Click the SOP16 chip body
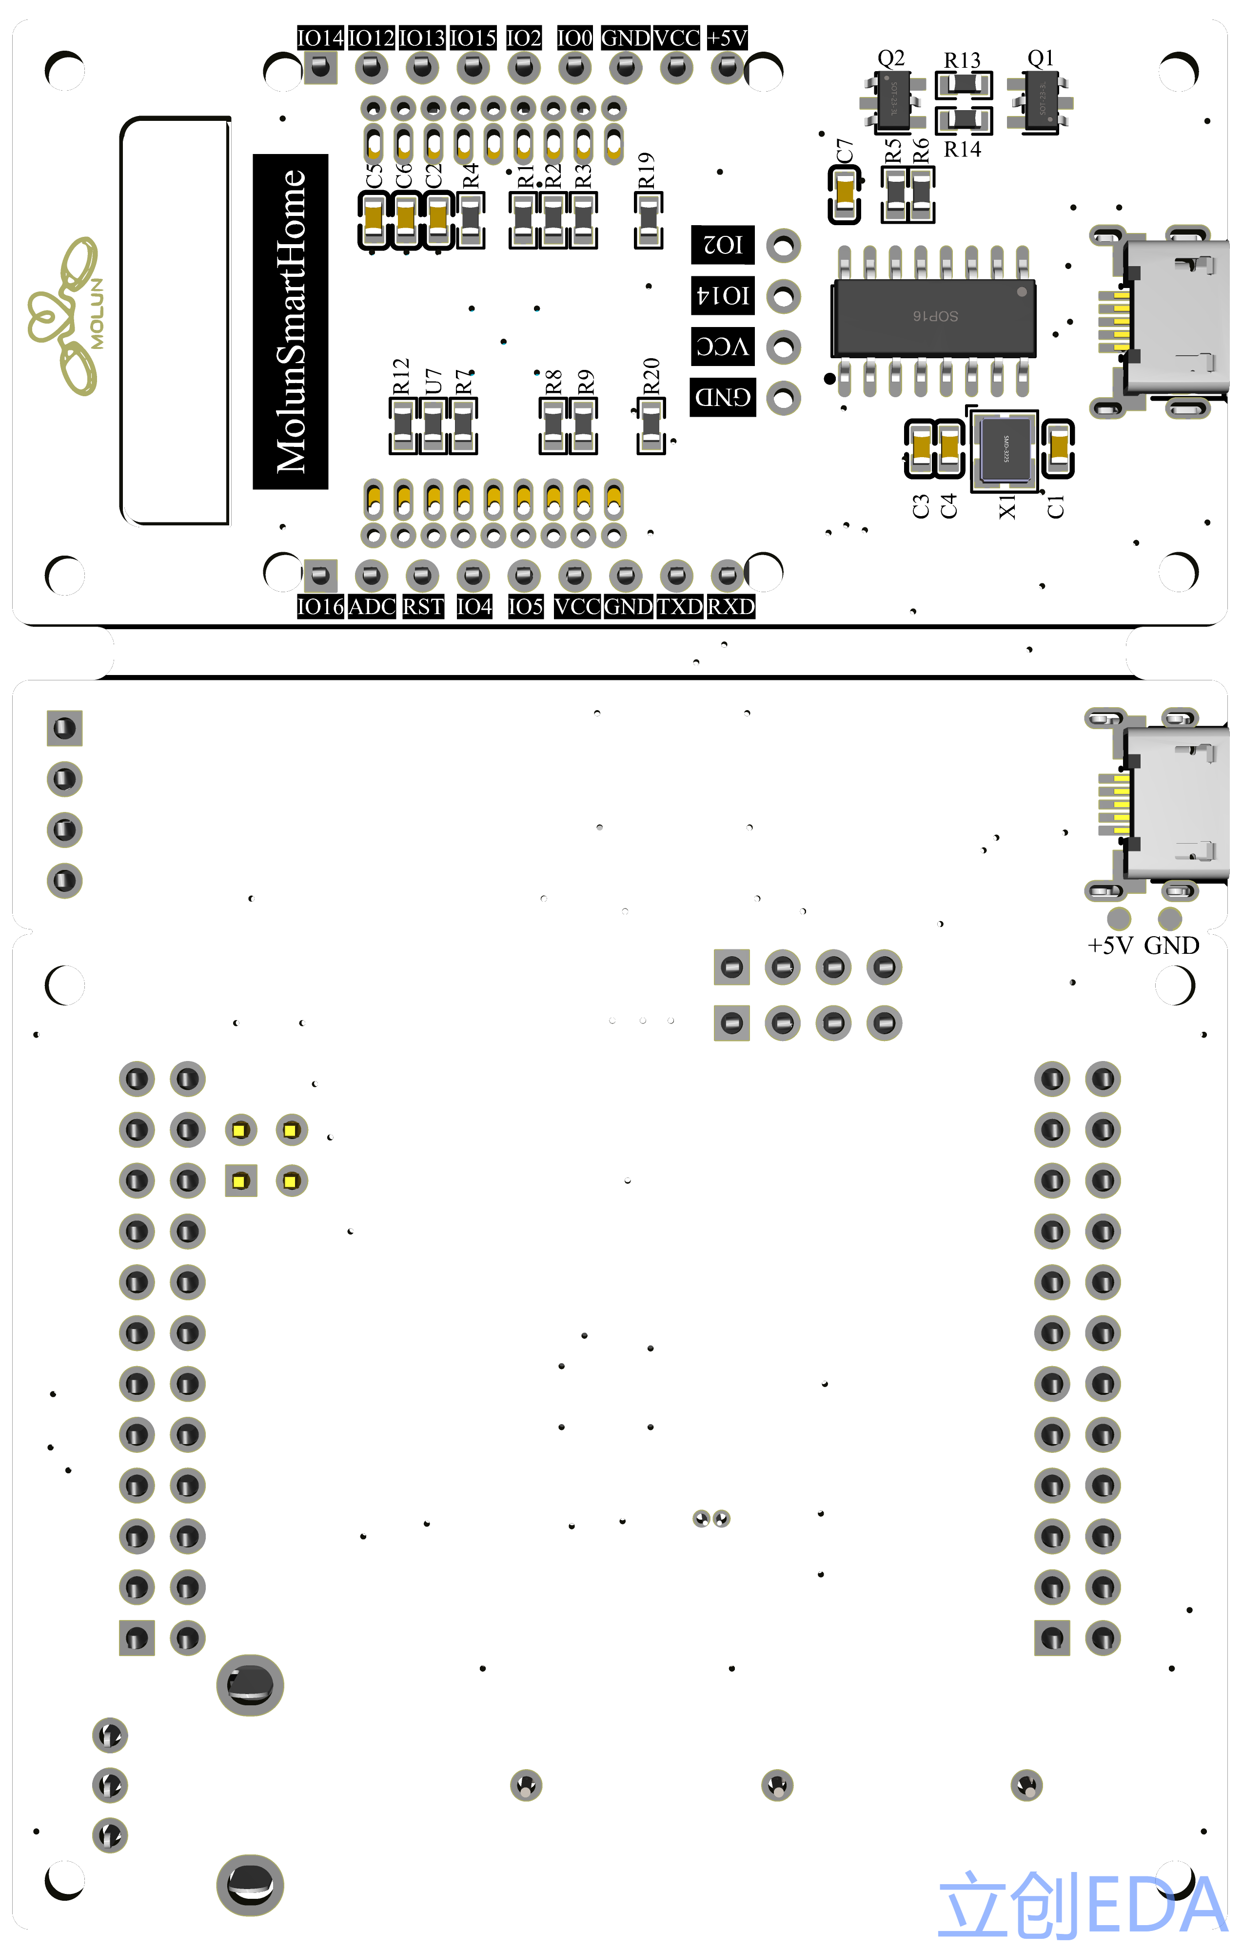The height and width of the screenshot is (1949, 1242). tap(933, 317)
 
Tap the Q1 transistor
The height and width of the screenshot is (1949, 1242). tap(1041, 104)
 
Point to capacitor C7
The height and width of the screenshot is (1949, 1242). tap(845, 194)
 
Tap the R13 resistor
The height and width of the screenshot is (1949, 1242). tap(964, 84)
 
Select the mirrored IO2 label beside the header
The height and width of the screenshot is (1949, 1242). tap(722, 245)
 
